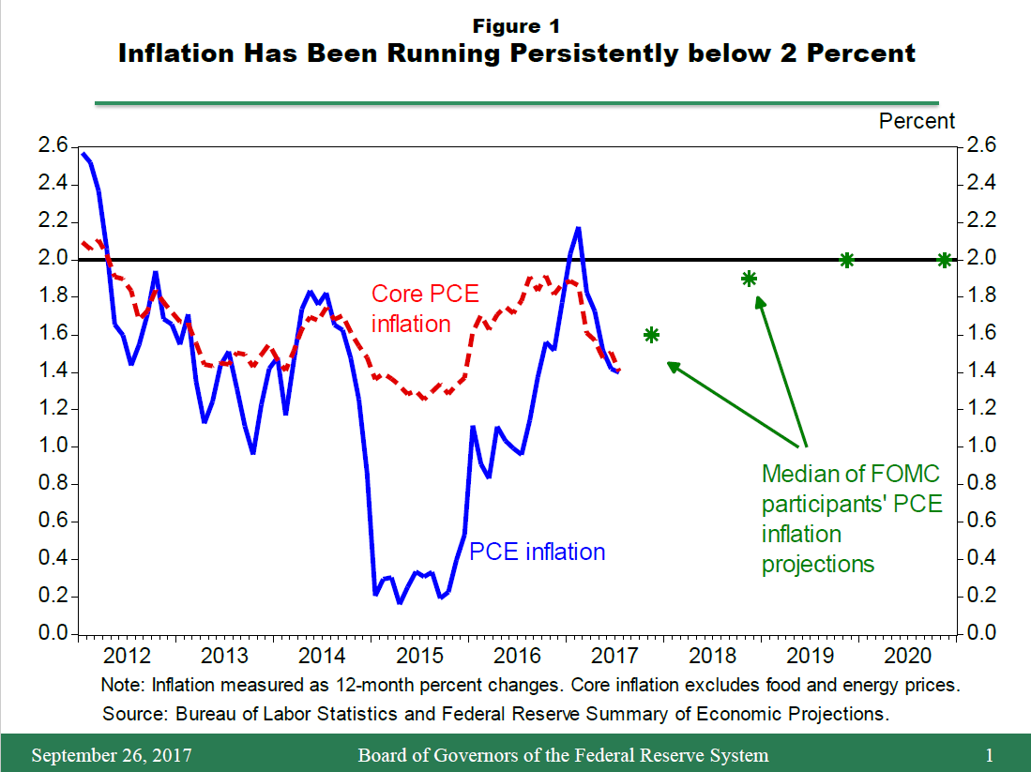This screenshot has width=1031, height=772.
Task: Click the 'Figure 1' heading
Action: coord(516,25)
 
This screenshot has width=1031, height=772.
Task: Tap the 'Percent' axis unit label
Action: coord(917,121)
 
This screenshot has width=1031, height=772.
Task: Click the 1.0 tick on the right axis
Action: coord(977,447)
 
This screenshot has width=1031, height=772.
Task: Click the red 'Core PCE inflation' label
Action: coord(425,309)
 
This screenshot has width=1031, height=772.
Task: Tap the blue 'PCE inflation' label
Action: coord(537,552)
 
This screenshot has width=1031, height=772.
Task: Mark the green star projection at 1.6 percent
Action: coord(651,335)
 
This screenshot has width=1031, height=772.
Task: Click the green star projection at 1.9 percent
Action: coord(749,279)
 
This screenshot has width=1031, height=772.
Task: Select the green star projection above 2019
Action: coord(846,260)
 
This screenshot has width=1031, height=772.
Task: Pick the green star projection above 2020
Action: coord(944,260)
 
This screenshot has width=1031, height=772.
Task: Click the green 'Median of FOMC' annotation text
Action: coord(851,473)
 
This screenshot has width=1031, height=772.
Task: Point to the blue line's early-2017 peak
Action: coord(578,228)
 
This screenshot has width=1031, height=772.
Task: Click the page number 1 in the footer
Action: coord(989,755)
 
